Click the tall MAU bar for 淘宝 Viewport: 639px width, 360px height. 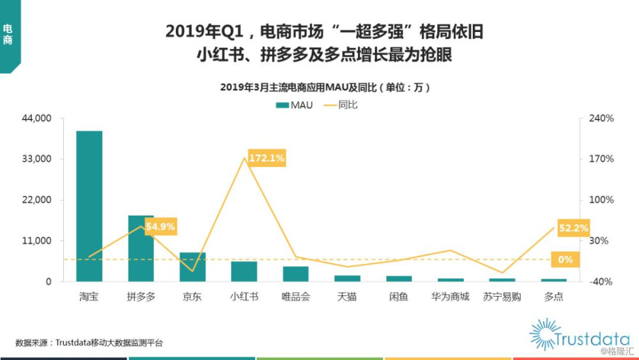click(x=89, y=206)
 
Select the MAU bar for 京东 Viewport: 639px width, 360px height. click(x=193, y=267)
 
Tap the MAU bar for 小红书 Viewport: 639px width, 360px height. click(x=244, y=271)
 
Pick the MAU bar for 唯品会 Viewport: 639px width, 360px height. click(x=296, y=274)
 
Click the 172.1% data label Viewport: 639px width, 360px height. click(x=266, y=158)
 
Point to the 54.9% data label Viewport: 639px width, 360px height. click(x=160, y=226)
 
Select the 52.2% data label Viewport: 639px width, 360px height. click(x=573, y=228)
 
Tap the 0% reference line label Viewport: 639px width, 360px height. click(x=566, y=260)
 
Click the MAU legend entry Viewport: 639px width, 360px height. click(x=294, y=106)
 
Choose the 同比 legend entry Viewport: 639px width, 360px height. click(x=341, y=106)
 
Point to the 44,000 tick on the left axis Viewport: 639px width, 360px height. click(x=36, y=118)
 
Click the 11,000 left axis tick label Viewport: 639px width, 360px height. click(x=36, y=240)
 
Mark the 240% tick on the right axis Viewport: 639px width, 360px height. click(x=601, y=118)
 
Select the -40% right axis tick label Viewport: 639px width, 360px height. click(x=601, y=281)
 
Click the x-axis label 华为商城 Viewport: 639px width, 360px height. click(x=450, y=297)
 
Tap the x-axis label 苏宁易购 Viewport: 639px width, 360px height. click(x=502, y=297)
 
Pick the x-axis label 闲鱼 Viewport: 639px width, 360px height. click(x=399, y=297)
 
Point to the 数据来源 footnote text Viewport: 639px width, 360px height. click(x=89, y=343)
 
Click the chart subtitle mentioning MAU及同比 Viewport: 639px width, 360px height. click(x=325, y=87)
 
